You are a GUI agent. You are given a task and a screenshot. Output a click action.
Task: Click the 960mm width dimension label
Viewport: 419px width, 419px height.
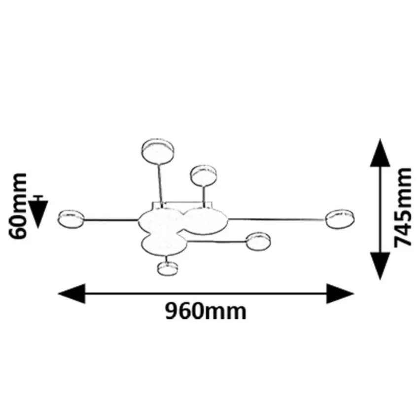[205, 312]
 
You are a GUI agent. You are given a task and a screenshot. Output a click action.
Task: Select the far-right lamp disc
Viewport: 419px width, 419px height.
[340, 218]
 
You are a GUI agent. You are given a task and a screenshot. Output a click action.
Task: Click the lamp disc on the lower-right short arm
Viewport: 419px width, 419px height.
[259, 241]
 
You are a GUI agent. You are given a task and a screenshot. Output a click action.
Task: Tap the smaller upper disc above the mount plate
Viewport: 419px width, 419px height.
[204, 175]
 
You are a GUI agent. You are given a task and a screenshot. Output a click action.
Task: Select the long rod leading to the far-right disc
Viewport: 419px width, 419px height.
[276, 218]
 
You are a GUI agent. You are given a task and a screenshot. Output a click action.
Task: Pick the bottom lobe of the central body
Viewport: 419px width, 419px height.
[163, 244]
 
